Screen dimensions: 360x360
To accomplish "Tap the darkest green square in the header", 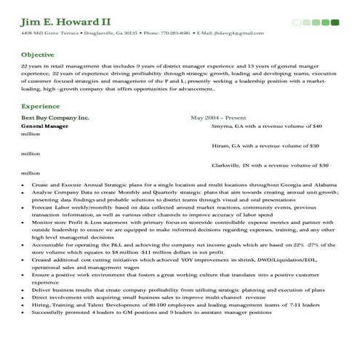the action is [335, 23].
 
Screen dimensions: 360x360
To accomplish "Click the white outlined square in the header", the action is [297, 23].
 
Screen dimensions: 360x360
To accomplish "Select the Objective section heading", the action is [37, 55].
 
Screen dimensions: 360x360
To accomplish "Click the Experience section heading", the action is [40, 106].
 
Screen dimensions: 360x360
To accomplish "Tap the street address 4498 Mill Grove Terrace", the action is [49, 33].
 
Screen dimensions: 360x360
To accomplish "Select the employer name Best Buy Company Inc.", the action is [55, 116].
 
